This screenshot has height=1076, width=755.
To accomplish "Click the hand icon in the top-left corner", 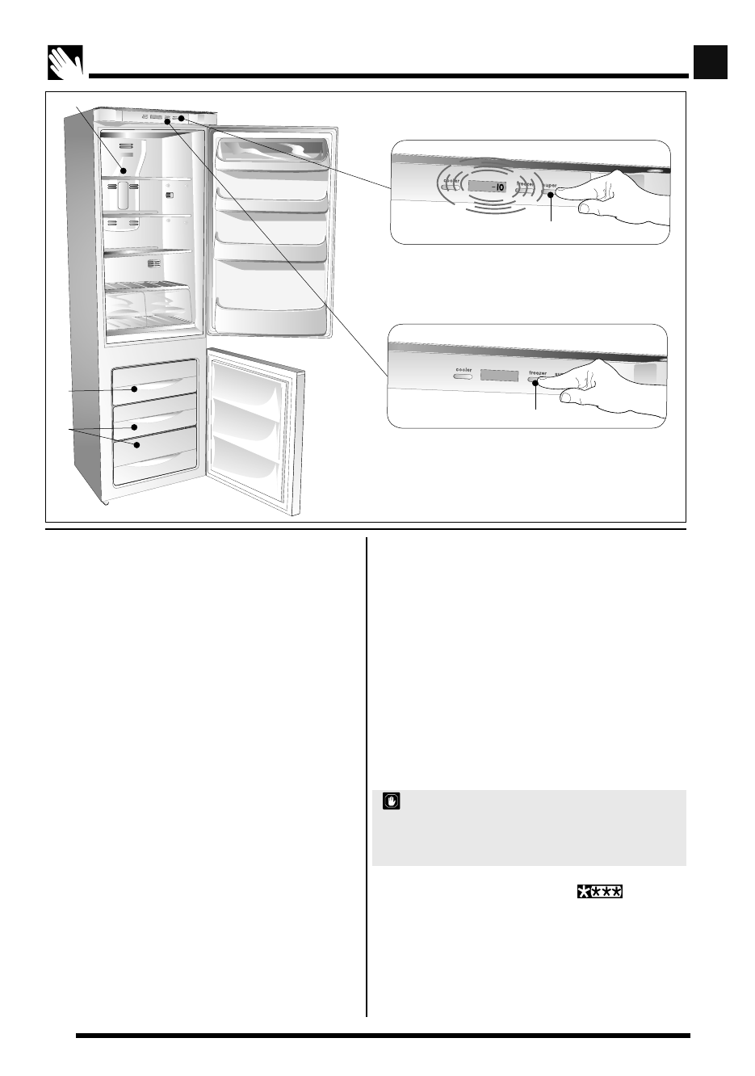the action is pyautogui.click(x=63, y=63).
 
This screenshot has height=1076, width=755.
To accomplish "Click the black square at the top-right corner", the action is pyautogui.click(x=711, y=62).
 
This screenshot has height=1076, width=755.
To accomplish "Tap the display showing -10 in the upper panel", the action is pyautogui.click(x=488, y=187).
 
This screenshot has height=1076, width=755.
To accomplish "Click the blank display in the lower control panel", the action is pyautogui.click(x=499, y=376).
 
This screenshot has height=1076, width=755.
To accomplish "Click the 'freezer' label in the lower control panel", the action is pyautogui.click(x=537, y=373).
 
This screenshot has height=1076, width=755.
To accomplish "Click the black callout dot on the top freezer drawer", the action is pyautogui.click(x=135, y=389).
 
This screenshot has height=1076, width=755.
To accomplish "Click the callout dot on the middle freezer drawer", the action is pyautogui.click(x=135, y=426).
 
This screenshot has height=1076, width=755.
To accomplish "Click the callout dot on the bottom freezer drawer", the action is pyautogui.click(x=136, y=444).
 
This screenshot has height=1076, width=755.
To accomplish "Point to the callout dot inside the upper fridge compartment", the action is pyautogui.click(x=123, y=170).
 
